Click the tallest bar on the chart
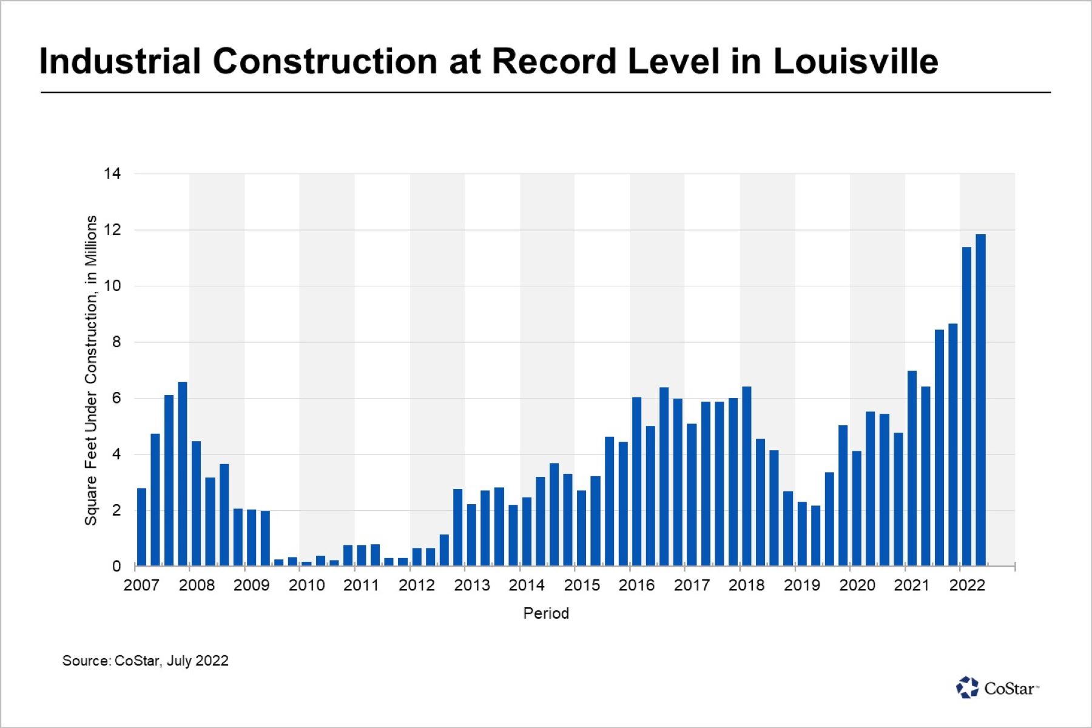coord(980,400)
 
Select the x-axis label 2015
coord(582,585)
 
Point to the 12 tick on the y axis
coord(113,230)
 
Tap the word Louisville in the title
coord(855,61)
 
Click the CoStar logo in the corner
coord(997,688)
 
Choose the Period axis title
coord(546,613)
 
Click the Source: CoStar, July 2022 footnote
coord(146,661)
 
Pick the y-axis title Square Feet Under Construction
coord(91,370)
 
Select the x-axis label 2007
coord(141,585)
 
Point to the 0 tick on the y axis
coord(116,567)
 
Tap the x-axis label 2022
coord(967,585)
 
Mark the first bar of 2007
coord(142,527)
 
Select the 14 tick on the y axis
coord(113,174)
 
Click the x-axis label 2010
coord(306,585)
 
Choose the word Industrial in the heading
coord(120,61)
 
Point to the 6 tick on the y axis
coord(116,399)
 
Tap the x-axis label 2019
coord(802,585)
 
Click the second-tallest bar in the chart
coord(966,406)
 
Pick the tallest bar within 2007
coord(183,474)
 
